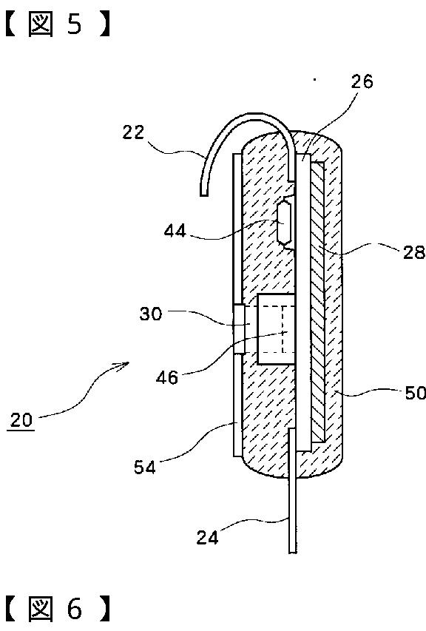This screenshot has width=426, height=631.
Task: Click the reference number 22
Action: coord(133,132)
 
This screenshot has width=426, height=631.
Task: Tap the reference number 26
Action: coord(362,81)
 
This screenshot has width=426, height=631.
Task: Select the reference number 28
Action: coord(414,252)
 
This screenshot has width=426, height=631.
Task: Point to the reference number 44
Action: coord(175,231)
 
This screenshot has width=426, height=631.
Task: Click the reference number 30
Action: coord(150,314)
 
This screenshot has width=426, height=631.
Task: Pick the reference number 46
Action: coord(167,377)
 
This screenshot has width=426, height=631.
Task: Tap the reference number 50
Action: coord(415,393)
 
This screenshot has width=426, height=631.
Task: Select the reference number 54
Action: coord(145,468)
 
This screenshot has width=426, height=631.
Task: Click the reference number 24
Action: coord(207,537)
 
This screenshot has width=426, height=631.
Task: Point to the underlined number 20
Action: coord(21,420)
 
